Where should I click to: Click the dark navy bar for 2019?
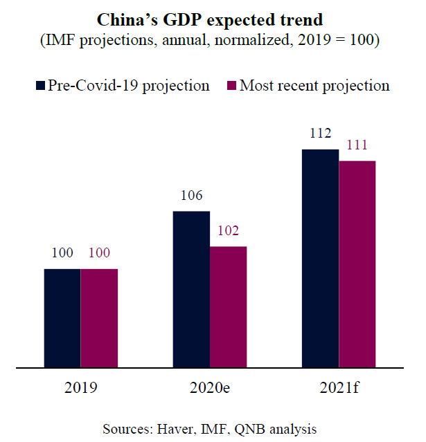62,317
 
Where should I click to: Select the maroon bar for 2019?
99,317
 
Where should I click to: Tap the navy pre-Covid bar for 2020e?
191,288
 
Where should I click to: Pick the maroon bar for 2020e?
228,306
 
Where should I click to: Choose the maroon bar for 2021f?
357,264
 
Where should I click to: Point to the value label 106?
191,196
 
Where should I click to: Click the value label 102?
228,232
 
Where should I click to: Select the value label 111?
357,146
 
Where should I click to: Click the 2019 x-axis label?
81,389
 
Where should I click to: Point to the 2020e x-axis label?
210,389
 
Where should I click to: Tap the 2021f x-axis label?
339,389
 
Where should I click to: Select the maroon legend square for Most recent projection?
232,86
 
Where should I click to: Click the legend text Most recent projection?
314,86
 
